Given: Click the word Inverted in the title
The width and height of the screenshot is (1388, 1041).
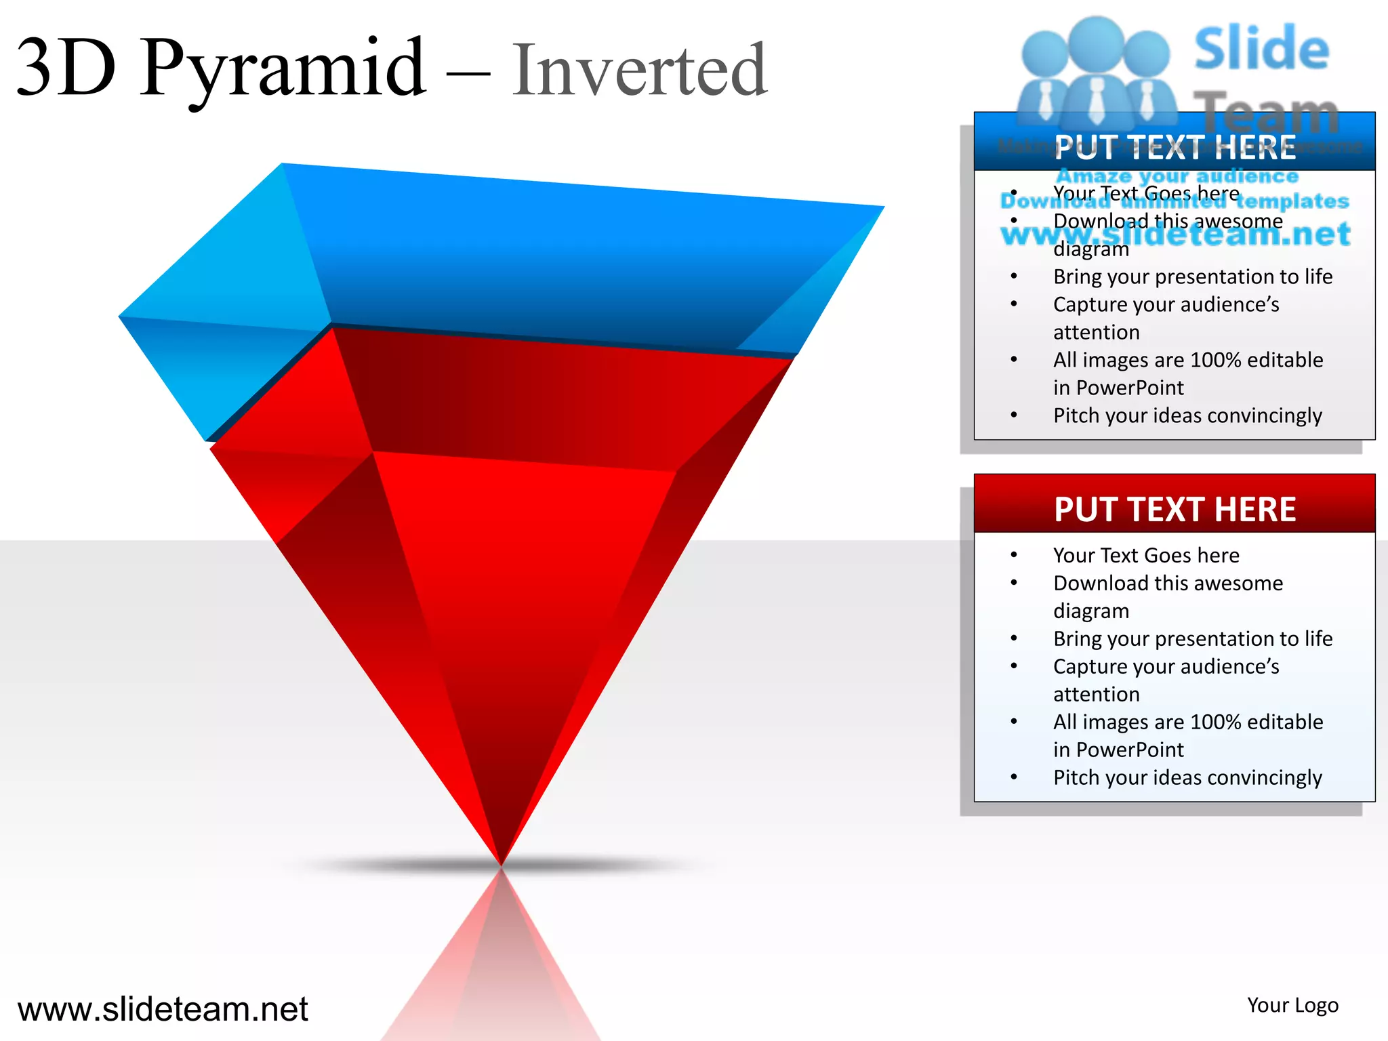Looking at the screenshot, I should (x=639, y=70).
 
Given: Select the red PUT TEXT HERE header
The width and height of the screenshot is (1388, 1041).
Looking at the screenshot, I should (x=1175, y=509).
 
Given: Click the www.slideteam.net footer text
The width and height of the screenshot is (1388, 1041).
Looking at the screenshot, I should (x=163, y=1008).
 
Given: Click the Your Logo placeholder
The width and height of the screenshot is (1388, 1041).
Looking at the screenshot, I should (x=1292, y=1005).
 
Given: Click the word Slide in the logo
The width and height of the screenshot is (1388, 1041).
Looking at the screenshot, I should (x=1261, y=49).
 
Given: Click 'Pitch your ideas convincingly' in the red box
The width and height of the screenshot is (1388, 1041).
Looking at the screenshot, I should (x=1187, y=777).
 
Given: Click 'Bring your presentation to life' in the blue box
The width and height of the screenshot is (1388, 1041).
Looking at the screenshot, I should (x=1192, y=277).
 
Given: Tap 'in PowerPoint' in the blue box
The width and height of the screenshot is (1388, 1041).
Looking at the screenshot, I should (x=1118, y=388).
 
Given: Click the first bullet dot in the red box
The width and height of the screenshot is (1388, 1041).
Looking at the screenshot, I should (x=1014, y=555).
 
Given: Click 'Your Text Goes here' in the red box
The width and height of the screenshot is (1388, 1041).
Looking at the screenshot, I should (x=1145, y=555).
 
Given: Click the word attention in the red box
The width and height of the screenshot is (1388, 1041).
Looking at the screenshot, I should (x=1096, y=694).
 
